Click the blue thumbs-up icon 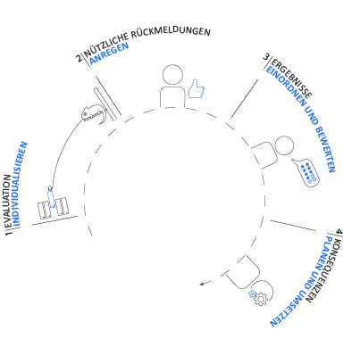click(x=197, y=88)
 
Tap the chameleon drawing click(x=94, y=114)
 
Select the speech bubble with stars click(x=306, y=173)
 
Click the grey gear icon click(x=261, y=299)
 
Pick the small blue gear click(x=252, y=294)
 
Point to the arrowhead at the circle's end click(x=202, y=285)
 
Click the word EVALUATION click(x=8, y=202)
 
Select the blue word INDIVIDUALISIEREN click(x=20, y=185)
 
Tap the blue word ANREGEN click(x=109, y=53)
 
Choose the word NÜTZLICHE click(x=106, y=45)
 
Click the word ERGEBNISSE click(x=292, y=78)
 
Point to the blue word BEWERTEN click(x=325, y=150)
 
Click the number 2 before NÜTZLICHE click(x=80, y=58)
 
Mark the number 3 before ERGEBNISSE click(x=266, y=57)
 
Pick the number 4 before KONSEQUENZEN click(x=339, y=232)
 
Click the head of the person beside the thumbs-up click(x=173, y=75)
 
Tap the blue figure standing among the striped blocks click(x=51, y=197)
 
